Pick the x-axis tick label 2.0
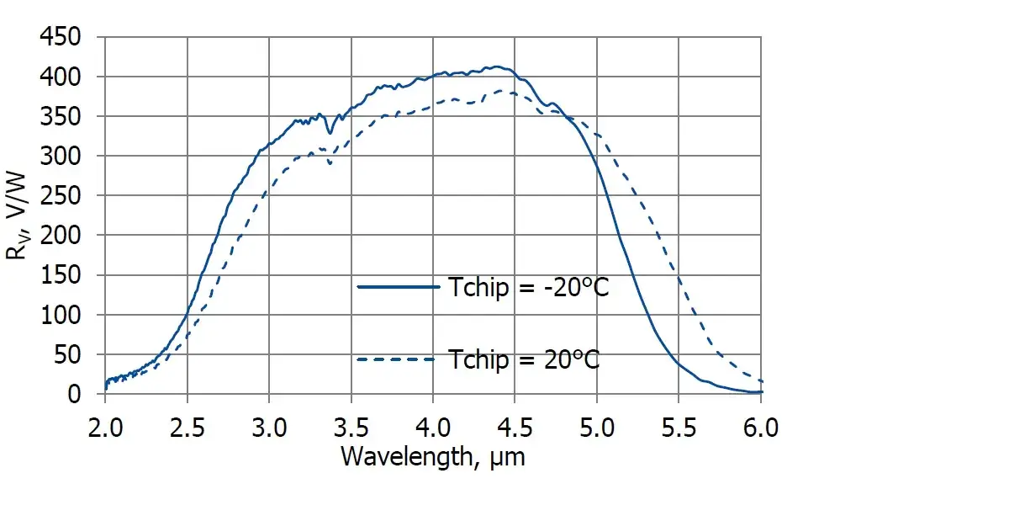click(105, 427)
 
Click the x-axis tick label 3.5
click(351, 427)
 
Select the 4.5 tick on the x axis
click(515, 427)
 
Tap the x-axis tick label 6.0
click(761, 427)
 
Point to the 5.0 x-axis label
click(597, 427)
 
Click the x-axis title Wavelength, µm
click(433, 456)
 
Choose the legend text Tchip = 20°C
click(524, 359)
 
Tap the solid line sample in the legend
click(399, 287)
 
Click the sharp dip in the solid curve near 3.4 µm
click(330, 132)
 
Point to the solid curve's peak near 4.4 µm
click(497, 66)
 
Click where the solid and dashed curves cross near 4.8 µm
click(565, 116)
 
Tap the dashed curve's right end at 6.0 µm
click(761, 381)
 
